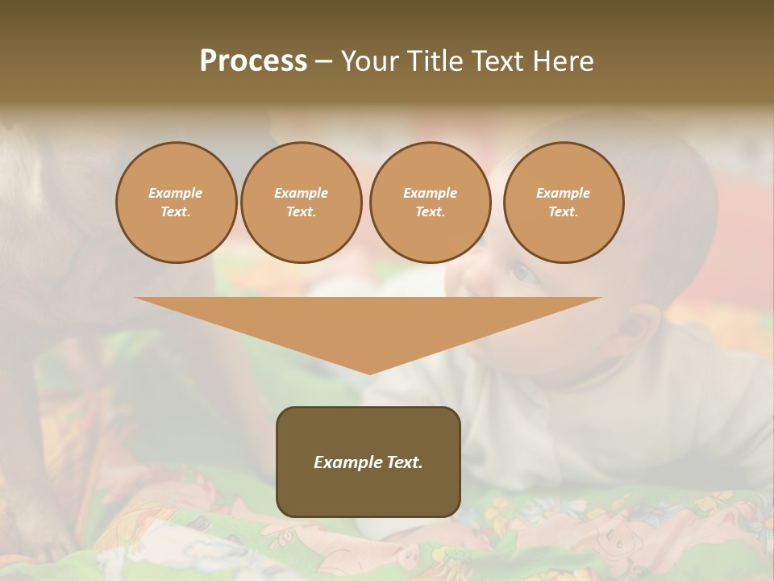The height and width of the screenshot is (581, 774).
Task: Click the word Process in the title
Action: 253,61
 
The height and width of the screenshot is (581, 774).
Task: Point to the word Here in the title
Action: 563,61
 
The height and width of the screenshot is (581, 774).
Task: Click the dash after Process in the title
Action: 323,62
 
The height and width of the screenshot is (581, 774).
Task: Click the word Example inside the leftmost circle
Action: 176,193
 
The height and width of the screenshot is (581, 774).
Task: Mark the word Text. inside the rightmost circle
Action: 564,211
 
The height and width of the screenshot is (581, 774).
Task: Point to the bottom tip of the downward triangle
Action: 369,373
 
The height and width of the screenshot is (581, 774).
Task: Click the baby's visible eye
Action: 525,274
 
